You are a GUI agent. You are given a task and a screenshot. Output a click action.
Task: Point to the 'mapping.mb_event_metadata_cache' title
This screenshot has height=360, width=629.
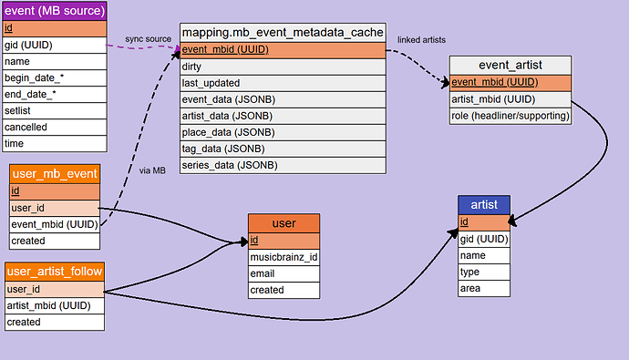coord(283,32)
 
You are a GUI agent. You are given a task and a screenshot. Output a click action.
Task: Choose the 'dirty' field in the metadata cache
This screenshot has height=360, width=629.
coord(283,67)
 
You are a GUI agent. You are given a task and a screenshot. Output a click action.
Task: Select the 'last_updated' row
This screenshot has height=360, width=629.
coord(283,83)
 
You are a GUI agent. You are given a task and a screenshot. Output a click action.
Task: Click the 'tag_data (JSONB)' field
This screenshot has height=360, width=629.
coord(283,149)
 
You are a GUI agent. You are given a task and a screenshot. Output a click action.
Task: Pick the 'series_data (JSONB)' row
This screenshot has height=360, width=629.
coord(283,165)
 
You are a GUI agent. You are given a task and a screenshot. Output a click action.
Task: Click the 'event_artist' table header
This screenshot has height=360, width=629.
coord(510,65)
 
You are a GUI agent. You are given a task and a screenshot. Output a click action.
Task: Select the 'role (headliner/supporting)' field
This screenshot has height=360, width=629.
coord(510,116)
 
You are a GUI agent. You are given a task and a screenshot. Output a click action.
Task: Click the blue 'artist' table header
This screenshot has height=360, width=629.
coord(483,204)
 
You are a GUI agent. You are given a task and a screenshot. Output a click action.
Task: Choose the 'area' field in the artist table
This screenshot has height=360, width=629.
coord(483,288)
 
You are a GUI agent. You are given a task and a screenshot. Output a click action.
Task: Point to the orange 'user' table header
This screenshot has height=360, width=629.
coord(284,222)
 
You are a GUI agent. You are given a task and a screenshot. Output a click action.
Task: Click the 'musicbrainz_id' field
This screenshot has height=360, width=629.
coord(284,257)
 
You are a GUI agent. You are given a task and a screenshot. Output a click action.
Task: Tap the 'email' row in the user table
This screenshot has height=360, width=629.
coord(284,273)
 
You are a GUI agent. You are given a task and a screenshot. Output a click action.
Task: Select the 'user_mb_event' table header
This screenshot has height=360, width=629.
coord(54,173)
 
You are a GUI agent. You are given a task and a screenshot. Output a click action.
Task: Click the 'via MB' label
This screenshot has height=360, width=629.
coord(152,170)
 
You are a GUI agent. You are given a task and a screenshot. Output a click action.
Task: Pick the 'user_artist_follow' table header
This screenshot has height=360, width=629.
coord(55,272)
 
